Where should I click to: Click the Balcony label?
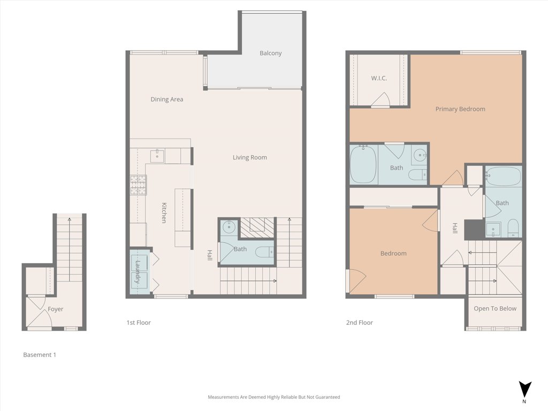270,53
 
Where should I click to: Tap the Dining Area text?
166,99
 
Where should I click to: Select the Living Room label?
249,157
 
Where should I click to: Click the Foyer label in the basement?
55,309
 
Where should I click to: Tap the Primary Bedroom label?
460,109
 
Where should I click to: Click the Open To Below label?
494,309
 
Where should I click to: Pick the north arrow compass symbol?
525,390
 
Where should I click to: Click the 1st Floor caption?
139,323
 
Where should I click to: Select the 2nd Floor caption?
359,323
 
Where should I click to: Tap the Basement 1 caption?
40,355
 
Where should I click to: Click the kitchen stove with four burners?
138,185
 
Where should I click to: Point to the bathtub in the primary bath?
363,164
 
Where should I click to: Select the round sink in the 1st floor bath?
229,227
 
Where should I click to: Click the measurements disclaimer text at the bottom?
273,397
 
